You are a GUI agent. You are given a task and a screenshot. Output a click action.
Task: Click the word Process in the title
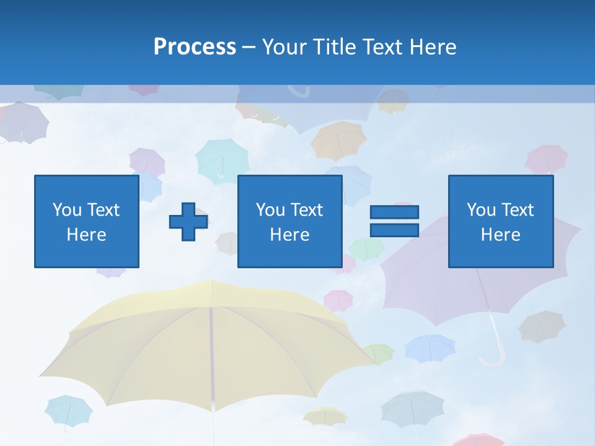point(195,46)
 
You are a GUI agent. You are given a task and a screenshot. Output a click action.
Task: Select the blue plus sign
point(188,222)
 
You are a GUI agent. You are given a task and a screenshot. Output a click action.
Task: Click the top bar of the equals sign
point(394,212)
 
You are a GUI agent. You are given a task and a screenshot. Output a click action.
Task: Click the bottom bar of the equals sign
point(394,230)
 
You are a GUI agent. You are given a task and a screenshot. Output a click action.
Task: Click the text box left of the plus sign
point(86,221)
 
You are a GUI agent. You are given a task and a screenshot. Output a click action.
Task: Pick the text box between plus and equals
point(289,221)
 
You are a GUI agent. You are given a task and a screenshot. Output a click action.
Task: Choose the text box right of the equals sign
point(500,221)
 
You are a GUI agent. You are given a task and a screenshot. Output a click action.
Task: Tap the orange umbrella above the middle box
point(338,139)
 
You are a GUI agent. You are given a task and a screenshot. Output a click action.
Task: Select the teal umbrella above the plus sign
point(222,158)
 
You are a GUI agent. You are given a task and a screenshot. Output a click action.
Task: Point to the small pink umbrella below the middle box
point(338,300)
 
